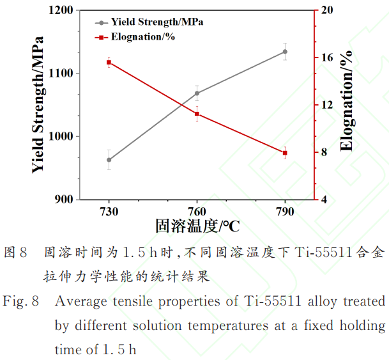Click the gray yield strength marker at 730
[x=109, y=160]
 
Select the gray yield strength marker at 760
[x=197, y=93]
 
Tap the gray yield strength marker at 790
[x=285, y=52]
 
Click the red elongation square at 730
[x=109, y=62]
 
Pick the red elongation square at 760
[x=197, y=114]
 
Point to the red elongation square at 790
[x=285, y=152]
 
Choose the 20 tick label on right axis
[x=328, y=11]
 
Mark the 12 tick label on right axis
[x=328, y=105]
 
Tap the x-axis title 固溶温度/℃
[x=197, y=226]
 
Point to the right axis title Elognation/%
[x=346, y=102]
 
